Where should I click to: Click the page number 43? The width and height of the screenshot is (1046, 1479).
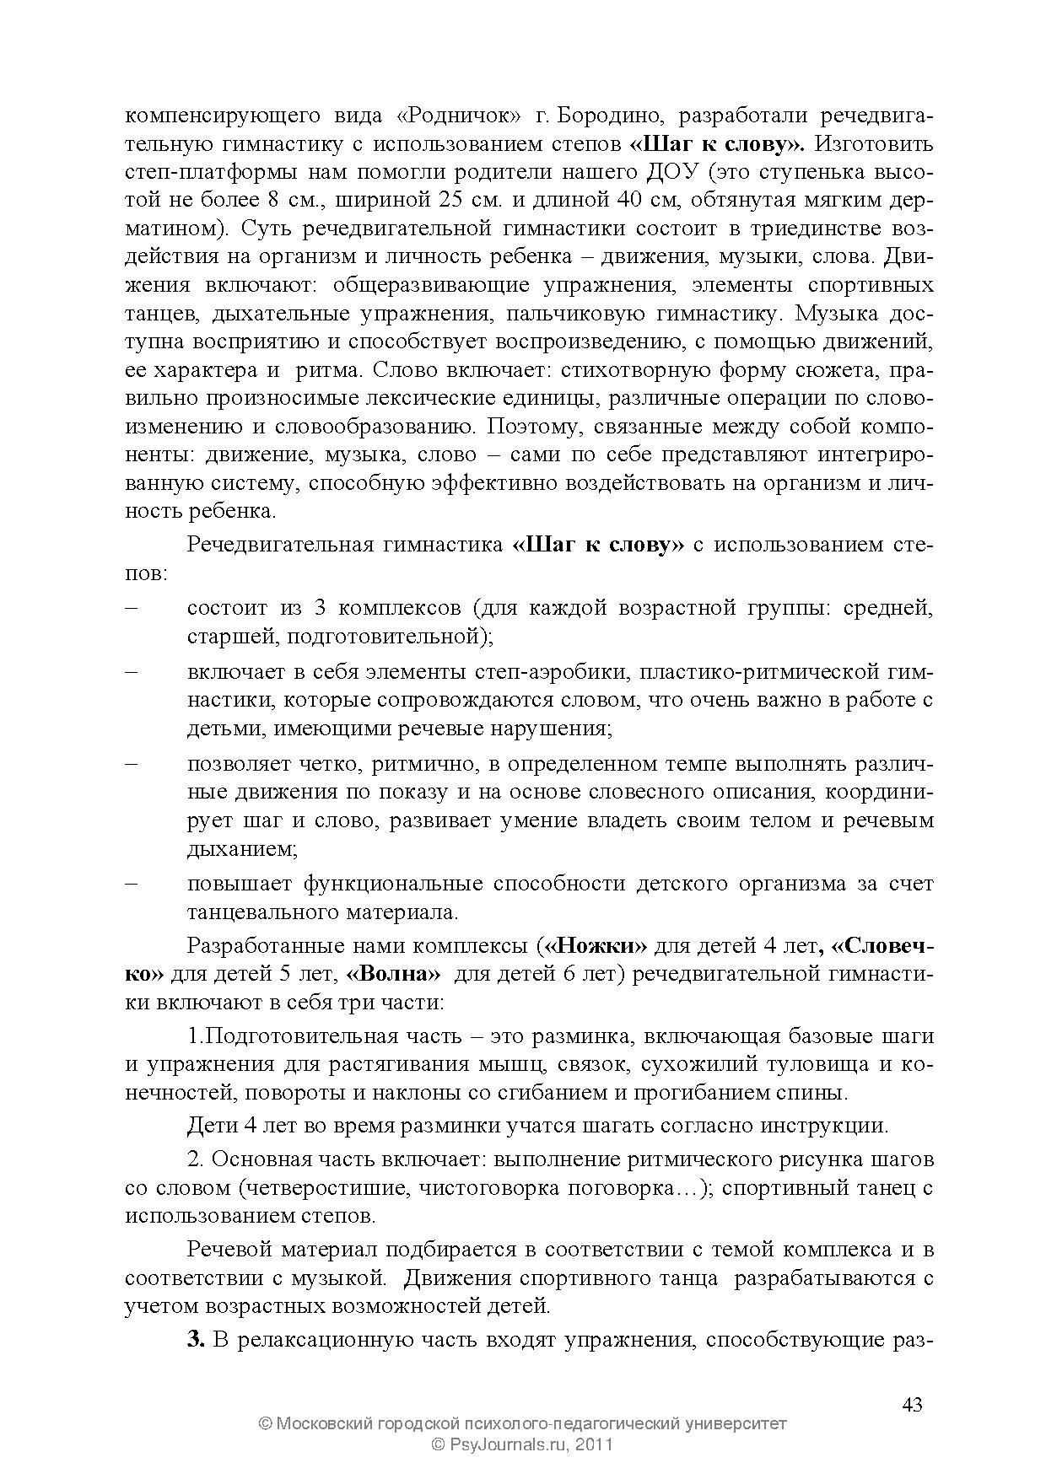pyautogui.click(x=912, y=1405)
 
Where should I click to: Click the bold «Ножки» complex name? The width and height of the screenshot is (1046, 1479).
pyautogui.click(x=596, y=945)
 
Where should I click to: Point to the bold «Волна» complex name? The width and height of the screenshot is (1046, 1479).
pyautogui.click(x=393, y=974)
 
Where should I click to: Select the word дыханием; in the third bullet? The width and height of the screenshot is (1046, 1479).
pyautogui.click(x=241, y=849)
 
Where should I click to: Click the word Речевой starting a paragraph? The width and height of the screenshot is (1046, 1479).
pyautogui.click(x=227, y=1249)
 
